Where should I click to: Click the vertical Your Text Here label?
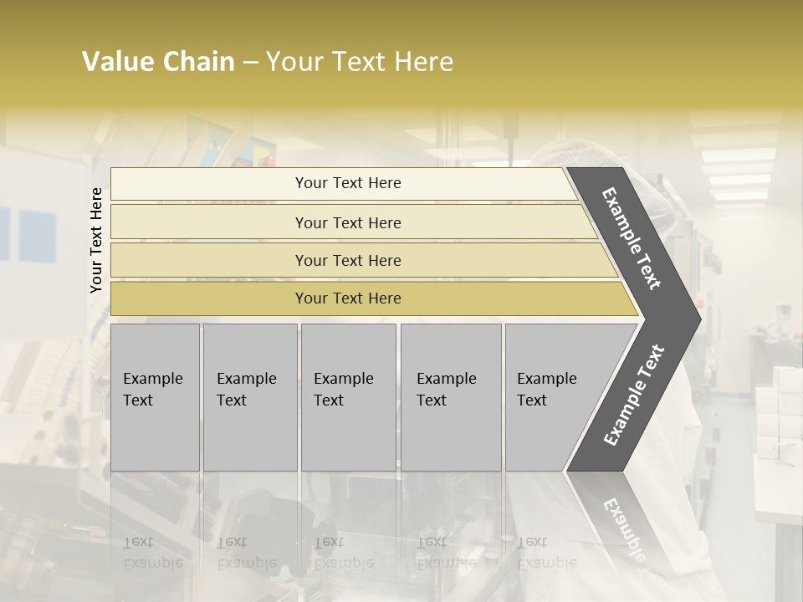point(96,240)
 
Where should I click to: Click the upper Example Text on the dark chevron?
point(632,238)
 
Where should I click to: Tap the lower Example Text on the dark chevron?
point(634,395)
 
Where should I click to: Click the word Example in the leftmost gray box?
point(153,379)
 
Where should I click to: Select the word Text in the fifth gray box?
point(532,400)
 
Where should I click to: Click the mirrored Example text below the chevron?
point(623,527)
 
